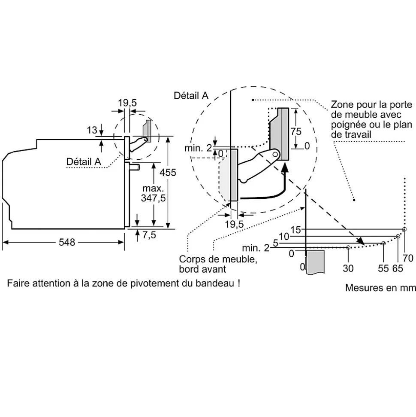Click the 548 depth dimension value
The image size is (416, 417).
[66, 243]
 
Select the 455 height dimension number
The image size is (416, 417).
[168, 173]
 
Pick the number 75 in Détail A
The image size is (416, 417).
[296, 132]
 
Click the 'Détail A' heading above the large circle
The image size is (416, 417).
[191, 96]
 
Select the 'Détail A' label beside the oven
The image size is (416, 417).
[84, 161]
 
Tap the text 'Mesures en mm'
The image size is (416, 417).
[380, 288]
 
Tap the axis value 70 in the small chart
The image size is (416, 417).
[408, 258]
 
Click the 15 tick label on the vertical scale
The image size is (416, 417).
[295, 230]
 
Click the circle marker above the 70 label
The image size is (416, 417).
[404, 229]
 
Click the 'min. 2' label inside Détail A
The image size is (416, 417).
[198, 148]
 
